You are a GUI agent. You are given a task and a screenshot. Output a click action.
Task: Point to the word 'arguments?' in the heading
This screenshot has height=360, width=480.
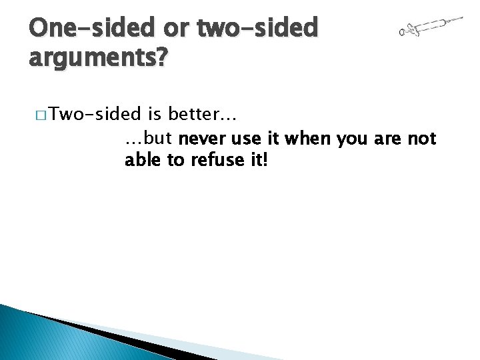(x=99, y=59)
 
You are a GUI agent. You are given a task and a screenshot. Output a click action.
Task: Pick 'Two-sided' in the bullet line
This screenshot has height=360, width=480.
(x=95, y=115)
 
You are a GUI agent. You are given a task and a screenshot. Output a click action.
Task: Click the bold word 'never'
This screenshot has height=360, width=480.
(x=199, y=139)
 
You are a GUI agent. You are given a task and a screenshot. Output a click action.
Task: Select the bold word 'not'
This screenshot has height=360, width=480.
(x=422, y=139)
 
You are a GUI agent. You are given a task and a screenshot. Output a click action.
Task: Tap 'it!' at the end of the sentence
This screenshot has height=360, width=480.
(x=256, y=160)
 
